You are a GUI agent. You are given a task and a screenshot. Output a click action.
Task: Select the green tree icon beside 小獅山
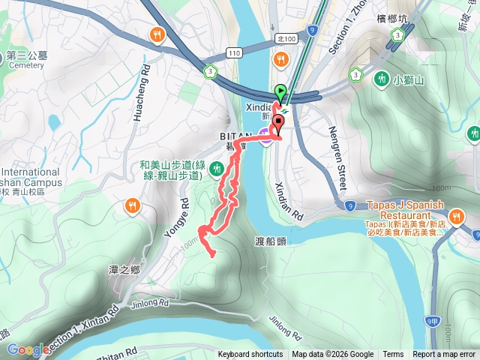tap(382, 77)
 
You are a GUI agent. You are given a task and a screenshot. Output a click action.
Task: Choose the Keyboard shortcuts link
tap(250, 355)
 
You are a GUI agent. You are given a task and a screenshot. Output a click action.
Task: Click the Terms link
tap(393, 355)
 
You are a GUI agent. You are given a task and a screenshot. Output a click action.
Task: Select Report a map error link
tap(444, 355)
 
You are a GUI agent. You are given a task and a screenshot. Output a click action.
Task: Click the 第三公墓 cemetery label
tap(27, 55)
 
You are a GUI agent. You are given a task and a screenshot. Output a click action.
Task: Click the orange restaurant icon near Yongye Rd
tap(132, 203)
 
